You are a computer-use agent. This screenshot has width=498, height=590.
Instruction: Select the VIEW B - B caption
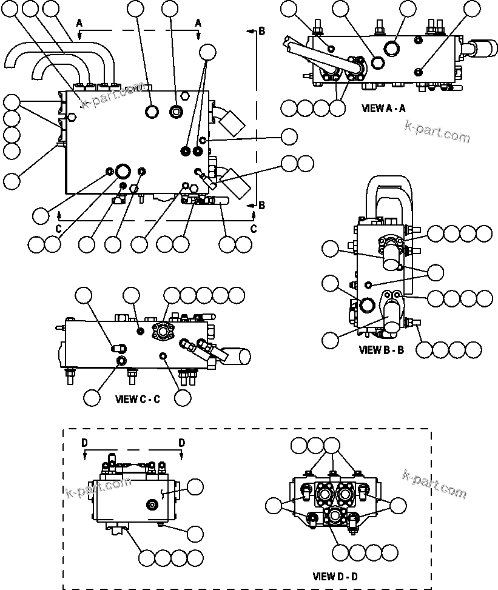(381, 350)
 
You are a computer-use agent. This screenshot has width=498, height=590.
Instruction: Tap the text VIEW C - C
(138, 399)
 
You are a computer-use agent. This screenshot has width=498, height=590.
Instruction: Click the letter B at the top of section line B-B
(261, 32)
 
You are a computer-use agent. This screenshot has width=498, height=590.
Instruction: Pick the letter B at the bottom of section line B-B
(261, 206)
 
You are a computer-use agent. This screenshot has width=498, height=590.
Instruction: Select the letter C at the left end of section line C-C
(58, 229)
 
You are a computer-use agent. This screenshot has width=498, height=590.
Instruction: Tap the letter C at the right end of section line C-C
(254, 229)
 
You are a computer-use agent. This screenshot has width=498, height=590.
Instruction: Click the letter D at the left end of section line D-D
(85, 443)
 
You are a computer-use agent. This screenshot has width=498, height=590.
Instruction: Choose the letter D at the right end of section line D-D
(181, 443)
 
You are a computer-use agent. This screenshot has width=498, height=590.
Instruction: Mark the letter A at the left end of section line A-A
(79, 22)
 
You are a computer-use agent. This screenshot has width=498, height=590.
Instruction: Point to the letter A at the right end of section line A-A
(198, 22)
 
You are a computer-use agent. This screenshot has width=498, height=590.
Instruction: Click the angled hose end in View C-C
(237, 356)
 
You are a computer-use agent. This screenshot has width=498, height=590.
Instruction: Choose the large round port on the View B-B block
(368, 304)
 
